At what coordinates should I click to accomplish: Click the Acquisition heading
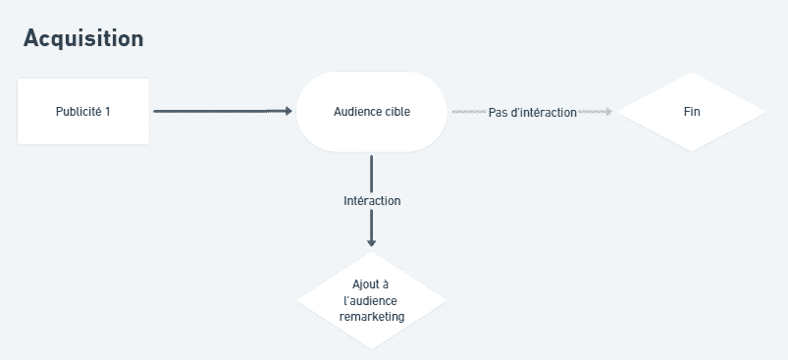(83, 38)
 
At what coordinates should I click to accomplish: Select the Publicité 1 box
(83, 112)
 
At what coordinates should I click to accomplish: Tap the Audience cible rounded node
(372, 112)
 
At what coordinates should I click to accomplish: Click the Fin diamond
(691, 112)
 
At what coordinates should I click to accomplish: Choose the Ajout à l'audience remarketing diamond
(371, 301)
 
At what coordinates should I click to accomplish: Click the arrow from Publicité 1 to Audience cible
(221, 112)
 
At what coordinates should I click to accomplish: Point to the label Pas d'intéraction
(532, 113)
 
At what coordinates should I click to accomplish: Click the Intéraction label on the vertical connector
(372, 201)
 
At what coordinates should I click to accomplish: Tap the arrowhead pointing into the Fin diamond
(608, 112)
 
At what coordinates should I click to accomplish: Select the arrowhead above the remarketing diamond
(371, 242)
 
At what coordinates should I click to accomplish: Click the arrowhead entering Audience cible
(289, 112)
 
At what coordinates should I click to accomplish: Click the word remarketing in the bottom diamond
(371, 318)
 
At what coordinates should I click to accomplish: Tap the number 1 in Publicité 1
(108, 112)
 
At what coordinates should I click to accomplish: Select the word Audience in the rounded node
(358, 112)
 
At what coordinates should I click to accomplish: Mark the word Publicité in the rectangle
(79, 112)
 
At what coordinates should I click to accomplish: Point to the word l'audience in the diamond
(371, 301)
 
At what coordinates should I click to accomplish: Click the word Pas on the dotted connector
(499, 113)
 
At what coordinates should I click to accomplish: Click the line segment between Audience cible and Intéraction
(371, 172)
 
